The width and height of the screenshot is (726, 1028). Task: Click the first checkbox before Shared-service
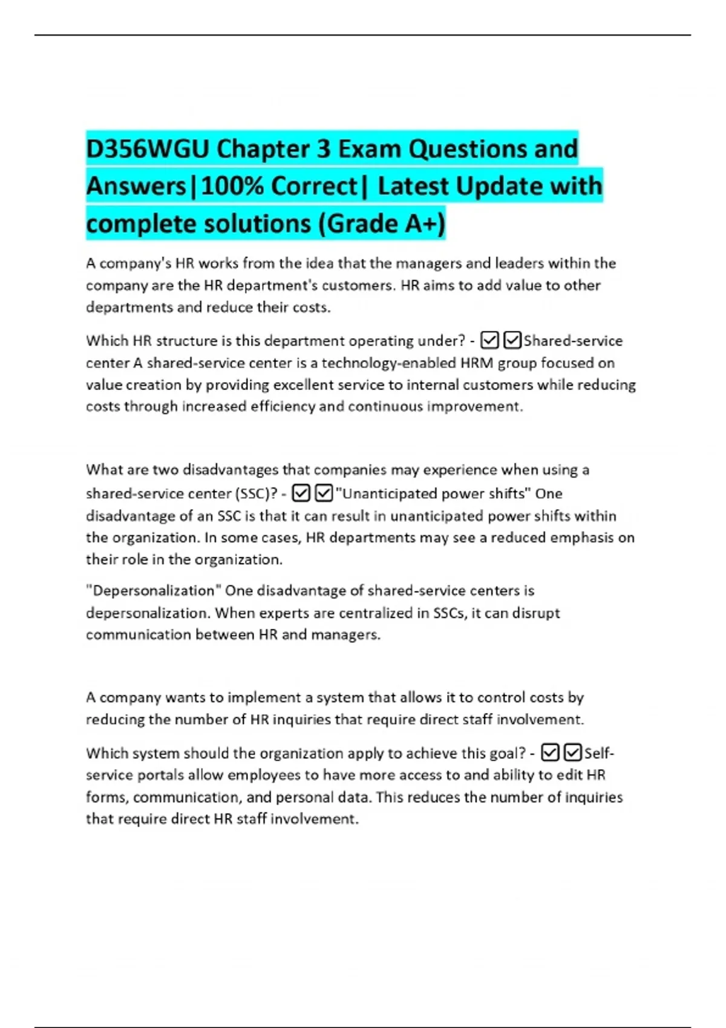pos(489,341)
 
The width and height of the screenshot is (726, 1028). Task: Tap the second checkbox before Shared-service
pos(512,341)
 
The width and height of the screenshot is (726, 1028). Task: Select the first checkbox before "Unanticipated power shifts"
pos(301,494)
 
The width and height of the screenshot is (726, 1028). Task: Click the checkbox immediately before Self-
pos(573,753)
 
